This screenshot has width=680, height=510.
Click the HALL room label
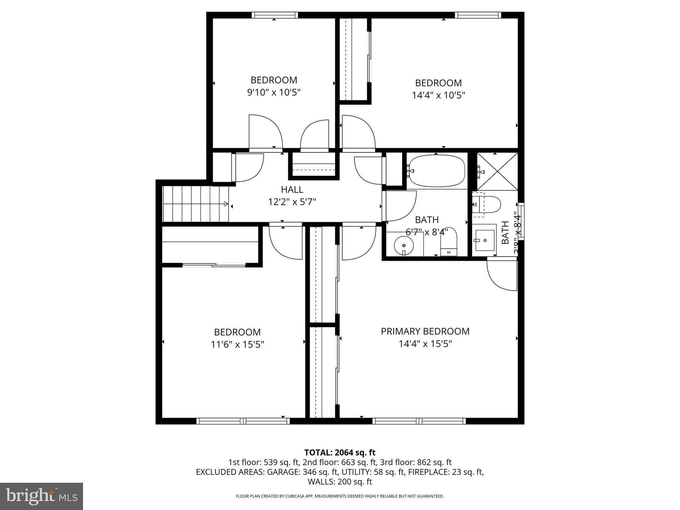[292, 190]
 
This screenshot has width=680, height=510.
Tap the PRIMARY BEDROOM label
[425, 331]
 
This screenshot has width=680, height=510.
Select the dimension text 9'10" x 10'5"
[274, 92]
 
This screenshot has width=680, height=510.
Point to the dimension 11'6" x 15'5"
[237, 345]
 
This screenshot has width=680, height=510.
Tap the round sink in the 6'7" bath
[404, 246]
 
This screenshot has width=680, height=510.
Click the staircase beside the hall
[195, 204]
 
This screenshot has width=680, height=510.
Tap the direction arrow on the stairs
[226, 204]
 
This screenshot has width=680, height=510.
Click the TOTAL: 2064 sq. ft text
[340, 453]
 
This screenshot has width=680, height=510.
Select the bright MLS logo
[42, 496]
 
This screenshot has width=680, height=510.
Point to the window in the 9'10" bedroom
[274, 15]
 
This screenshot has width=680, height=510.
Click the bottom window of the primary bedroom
[419, 421]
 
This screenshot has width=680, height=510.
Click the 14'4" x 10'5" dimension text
[438, 96]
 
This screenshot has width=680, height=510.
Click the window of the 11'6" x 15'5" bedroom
[243, 421]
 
